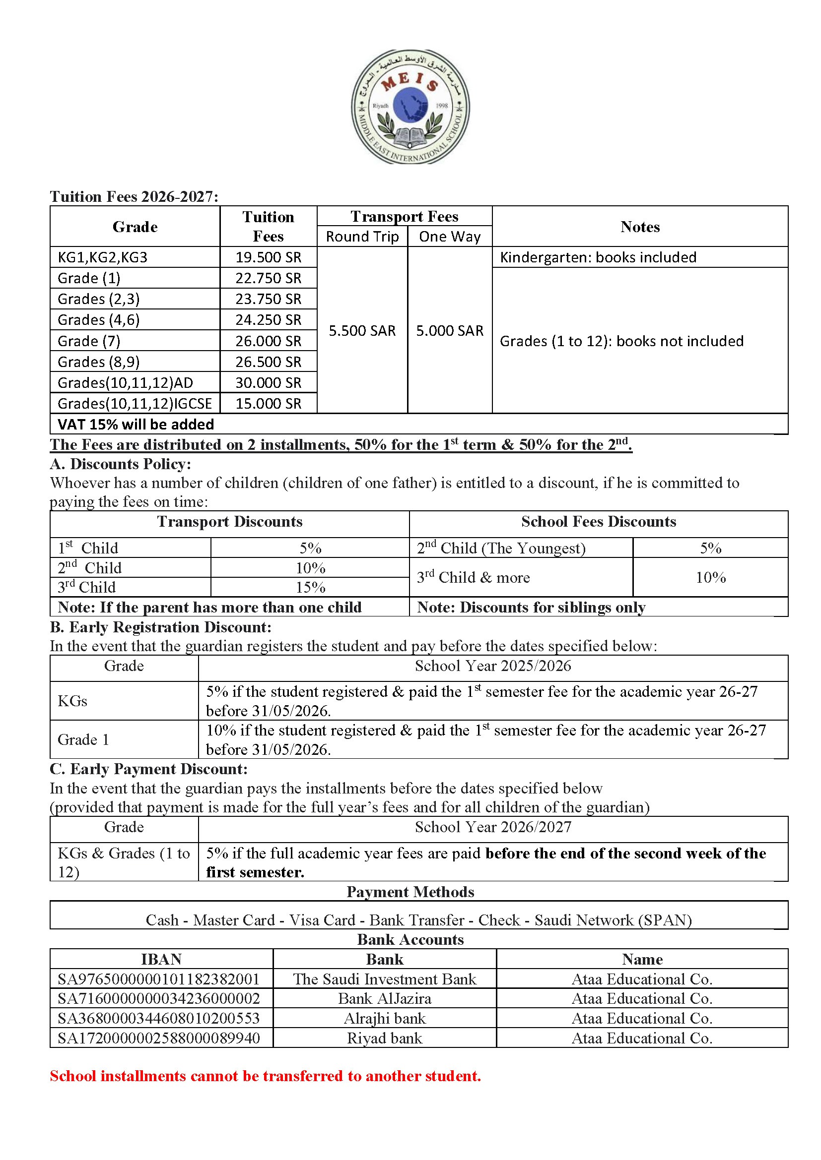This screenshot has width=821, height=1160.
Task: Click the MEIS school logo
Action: coord(410,107)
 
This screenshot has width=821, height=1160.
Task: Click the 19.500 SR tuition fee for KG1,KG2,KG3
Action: coord(268,257)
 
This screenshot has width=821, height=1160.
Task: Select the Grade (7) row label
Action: coord(89,341)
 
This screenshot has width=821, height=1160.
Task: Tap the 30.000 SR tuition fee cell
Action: coord(268,382)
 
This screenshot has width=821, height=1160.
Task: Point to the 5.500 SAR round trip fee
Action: coord(362,330)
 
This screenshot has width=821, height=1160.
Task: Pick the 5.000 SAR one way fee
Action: coord(449,330)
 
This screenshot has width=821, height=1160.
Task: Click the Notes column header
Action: coord(639,227)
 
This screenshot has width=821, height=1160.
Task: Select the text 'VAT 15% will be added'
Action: coord(136,424)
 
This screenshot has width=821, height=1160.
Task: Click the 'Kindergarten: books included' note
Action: coord(598,257)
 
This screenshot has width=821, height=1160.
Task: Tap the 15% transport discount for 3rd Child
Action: coord(310,587)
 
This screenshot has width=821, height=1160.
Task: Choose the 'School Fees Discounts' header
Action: coord(598,521)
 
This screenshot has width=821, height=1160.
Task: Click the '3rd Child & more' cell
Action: coord(473,577)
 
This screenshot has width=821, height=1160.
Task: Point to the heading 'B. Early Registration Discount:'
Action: coord(160,627)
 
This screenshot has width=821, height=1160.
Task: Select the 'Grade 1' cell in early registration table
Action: coord(83,739)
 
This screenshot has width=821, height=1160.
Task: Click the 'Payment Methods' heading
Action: coord(410,892)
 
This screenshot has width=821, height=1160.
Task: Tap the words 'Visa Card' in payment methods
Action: coord(322,919)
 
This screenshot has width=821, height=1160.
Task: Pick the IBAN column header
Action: coord(161,959)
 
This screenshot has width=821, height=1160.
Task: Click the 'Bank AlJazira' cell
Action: coord(384,998)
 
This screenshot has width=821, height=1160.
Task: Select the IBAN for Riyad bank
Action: coord(159,1038)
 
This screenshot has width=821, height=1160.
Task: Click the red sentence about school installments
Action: coord(265,1076)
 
